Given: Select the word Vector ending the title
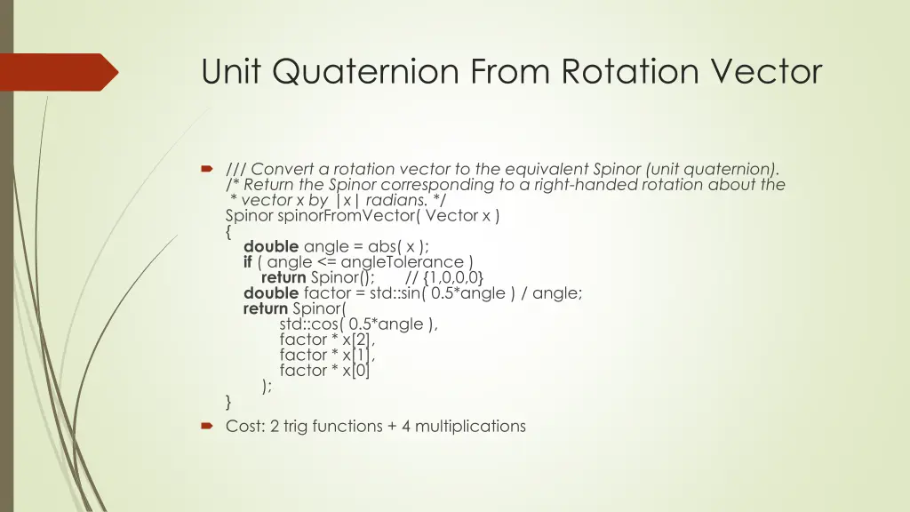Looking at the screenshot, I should (x=770, y=71).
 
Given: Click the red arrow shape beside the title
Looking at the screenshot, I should (x=59, y=71).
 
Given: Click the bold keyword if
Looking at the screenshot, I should (x=248, y=262).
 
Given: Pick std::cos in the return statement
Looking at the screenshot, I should (x=310, y=324).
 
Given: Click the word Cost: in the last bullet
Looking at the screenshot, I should (x=245, y=426).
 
